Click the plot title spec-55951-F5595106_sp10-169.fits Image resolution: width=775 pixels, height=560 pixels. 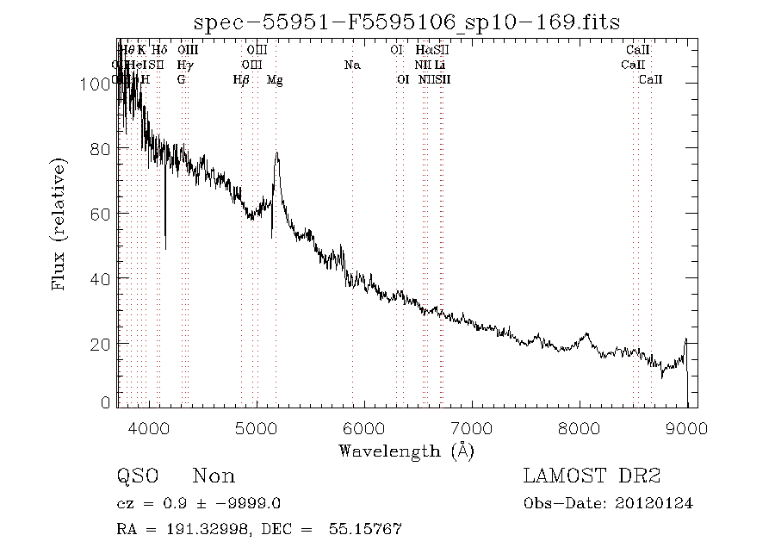[406, 21]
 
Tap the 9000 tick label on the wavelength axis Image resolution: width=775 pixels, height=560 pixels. [686, 426]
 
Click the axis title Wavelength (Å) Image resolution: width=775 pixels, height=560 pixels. [406, 450]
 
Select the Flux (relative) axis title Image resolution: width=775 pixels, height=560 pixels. [60, 224]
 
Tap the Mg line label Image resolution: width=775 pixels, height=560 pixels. [275, 80]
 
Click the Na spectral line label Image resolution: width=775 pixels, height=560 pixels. [351, 65]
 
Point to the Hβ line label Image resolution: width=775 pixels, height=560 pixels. [241, 80]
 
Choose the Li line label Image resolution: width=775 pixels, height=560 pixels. [440, 65]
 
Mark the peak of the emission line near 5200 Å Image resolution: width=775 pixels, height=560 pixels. [276, 153]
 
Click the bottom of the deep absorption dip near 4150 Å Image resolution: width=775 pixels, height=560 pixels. [165, 248]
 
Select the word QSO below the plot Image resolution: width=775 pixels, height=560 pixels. [138, 476]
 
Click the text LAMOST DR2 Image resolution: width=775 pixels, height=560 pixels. [591, 476]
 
